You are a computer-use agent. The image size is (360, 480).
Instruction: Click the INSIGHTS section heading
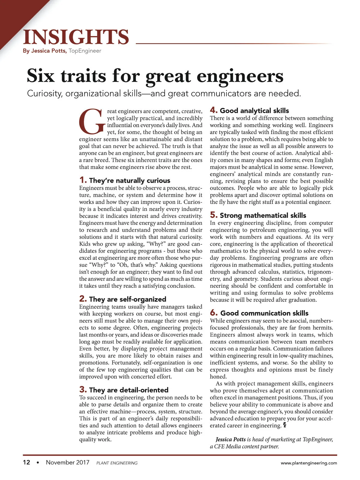tap(76, 37)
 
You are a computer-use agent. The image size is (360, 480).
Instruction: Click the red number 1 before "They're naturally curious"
tap(82, 180)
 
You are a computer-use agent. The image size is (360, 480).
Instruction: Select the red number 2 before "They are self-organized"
tap(83, 299)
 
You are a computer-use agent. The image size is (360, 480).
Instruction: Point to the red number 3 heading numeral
tap(83, 390)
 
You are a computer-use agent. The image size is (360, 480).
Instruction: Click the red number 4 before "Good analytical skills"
tap(214, 110)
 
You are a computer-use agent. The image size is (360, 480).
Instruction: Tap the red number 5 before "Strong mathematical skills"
tap(214, 215)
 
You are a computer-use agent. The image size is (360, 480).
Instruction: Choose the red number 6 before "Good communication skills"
tap(214, 313)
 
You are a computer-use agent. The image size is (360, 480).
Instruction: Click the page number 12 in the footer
tap(26, 462)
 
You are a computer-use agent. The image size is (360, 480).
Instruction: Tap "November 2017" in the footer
tap(67, 462)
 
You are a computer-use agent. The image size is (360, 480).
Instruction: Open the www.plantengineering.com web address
tap(309, 463)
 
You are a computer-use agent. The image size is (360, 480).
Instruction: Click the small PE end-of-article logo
tap(284, 425)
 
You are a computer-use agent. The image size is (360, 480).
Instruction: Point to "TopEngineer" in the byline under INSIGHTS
tap(85, 51)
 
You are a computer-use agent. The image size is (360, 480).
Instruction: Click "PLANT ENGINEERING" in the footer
tap(117, 463)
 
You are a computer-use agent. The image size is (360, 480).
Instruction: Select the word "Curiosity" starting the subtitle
tap(44, 94)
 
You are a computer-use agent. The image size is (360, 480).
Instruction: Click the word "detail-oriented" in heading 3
tap(144, 390)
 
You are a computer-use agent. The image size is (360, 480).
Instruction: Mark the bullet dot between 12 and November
tap(38, 463)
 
